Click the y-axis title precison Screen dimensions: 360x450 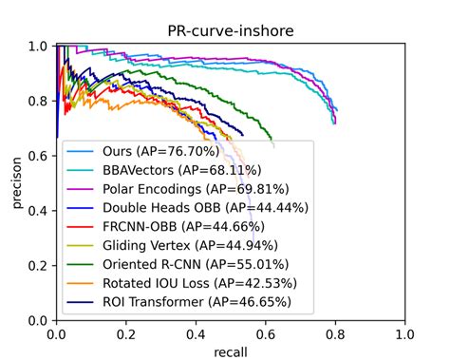coord(18,182)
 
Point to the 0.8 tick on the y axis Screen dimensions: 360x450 coord(44,101)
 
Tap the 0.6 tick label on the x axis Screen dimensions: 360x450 coord(266,334)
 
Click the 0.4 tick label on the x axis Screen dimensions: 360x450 coord(197,334)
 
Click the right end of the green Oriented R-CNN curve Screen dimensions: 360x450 coord(273,147)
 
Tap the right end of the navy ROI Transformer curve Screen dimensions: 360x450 coord(243,133)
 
